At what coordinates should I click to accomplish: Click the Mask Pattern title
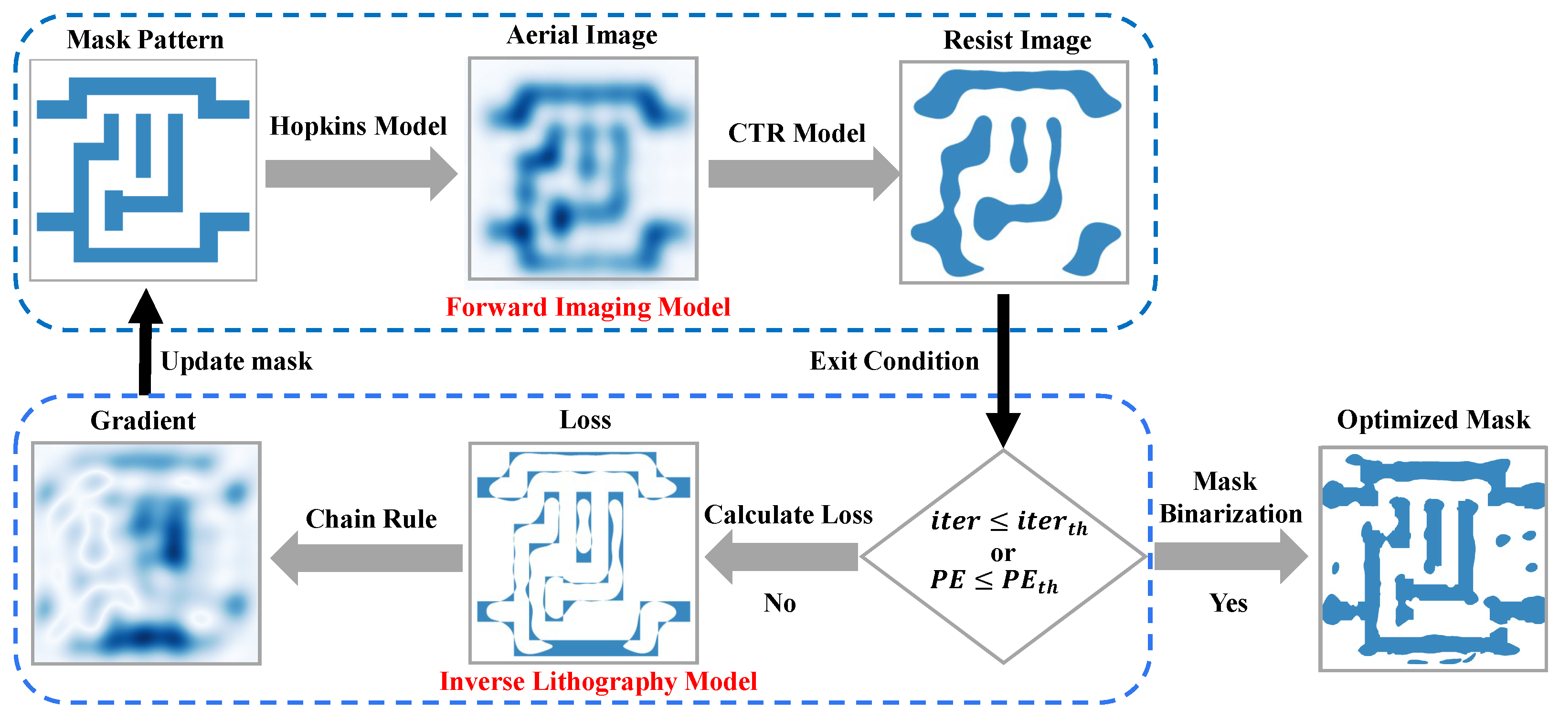(x=145, y=40)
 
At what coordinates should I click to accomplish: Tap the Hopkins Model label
(x=358, y=127)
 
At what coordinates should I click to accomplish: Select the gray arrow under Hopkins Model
(x=360, y=174)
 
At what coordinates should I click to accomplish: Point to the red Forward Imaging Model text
(x=588, y=307)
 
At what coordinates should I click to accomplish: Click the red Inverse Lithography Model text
(x=598, y=682)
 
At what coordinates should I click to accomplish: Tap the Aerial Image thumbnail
(x=583, y=169)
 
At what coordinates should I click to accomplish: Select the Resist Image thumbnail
(x=1014, y=172)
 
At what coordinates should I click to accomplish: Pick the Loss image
(x=583, y=553)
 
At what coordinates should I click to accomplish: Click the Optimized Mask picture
(x=1432, y=559)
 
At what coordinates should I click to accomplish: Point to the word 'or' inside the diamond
(x=1003, y=553)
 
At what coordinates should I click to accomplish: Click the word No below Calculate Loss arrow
(x=779, y=603)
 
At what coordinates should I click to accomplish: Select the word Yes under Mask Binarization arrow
(x=1228, y=603)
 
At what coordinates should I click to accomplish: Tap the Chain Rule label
(x=371, y=519)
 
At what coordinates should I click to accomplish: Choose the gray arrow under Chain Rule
(x=367, y=558)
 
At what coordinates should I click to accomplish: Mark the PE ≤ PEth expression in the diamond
(x=994, y=581)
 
